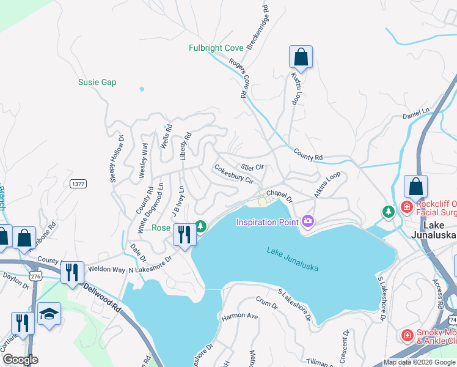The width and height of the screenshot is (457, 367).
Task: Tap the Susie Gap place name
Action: pyautogui.click(x=97, y=82)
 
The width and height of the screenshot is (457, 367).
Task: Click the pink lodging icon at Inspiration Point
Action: pyautogui.click(x=307, y=221)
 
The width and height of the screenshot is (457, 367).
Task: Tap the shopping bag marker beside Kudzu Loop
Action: pyautogui.click(x=301, y=57)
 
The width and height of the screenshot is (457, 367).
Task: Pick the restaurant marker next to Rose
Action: pyautogui.click(x=183, y=234)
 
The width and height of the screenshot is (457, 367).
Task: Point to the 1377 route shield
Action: pyautogui.click(x=78, y=183)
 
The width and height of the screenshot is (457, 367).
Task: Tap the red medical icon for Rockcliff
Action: pyautogui.click(x=407, y=207)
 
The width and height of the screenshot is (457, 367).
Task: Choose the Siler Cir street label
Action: pyautogui.click(x=252, y=166)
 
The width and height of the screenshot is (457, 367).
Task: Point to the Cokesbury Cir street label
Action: pyautogui.click(x=233, y=173)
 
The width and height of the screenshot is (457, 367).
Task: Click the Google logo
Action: pyautogui.click(x=21, y=360)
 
